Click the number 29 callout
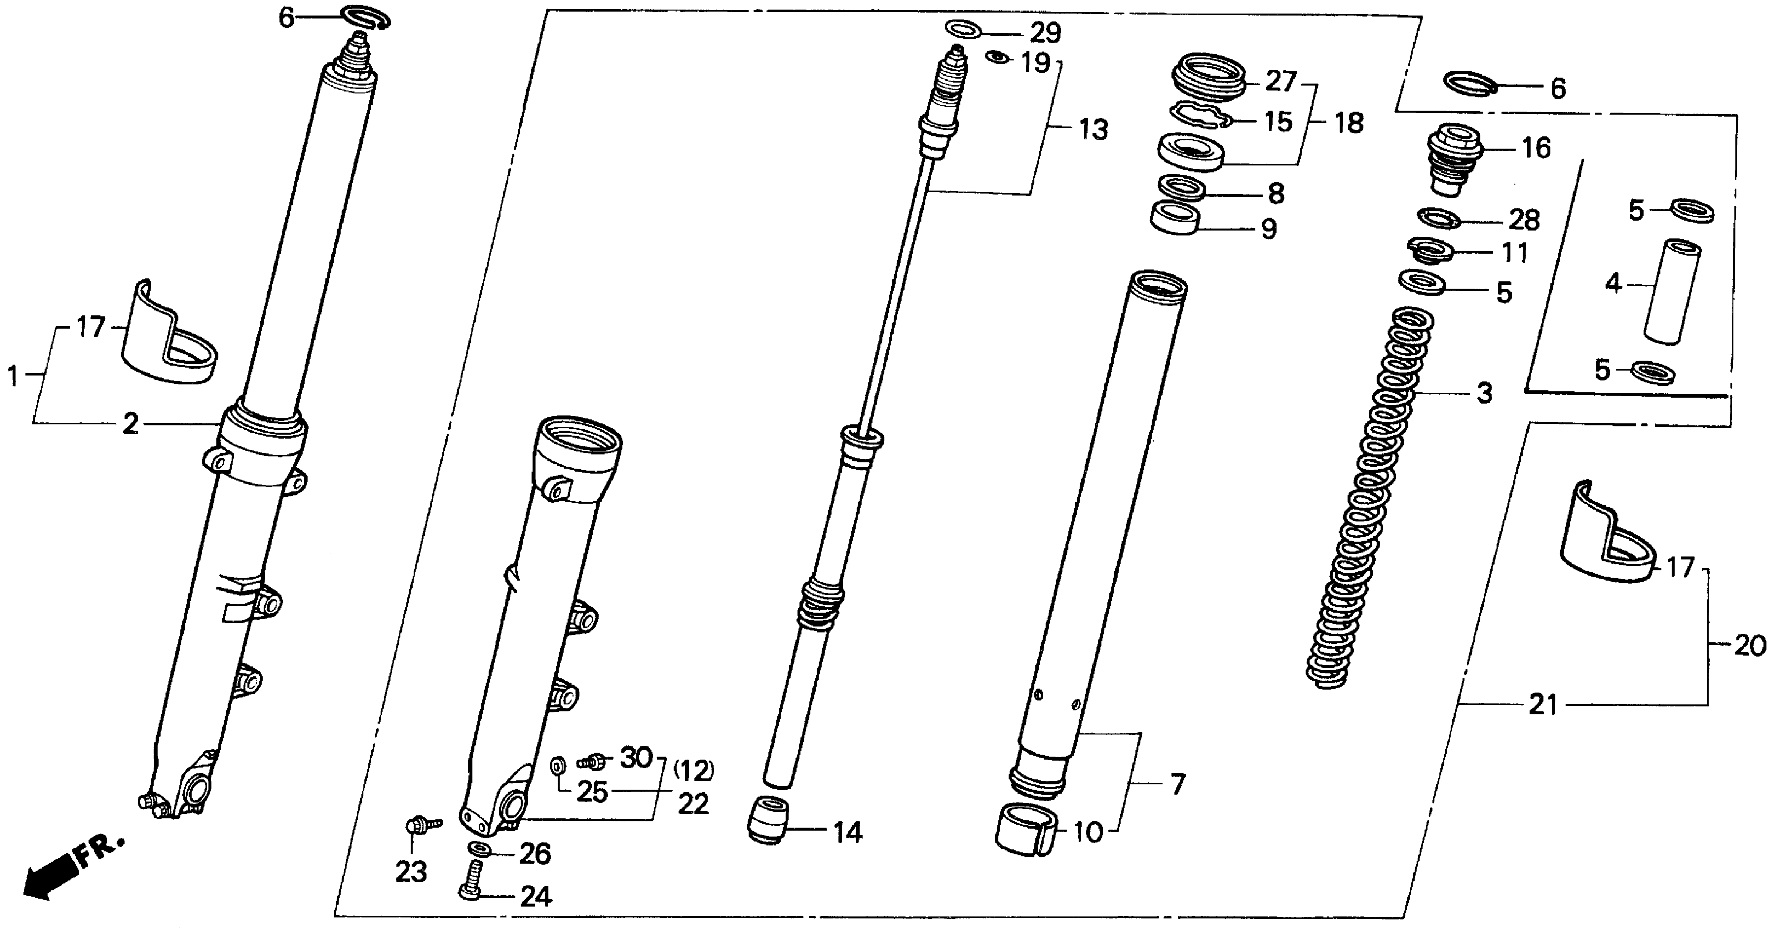coord(1045,32)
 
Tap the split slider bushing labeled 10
coord(1027,830)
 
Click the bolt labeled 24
coord(471,880)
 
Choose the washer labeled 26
coord(479,848)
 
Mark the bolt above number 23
coord(418,825)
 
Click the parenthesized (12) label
coord(694,769)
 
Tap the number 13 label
coord(1093,129)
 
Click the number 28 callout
coord(1524,220)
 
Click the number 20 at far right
coord(1750,646)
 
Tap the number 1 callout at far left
coord(13,376)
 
